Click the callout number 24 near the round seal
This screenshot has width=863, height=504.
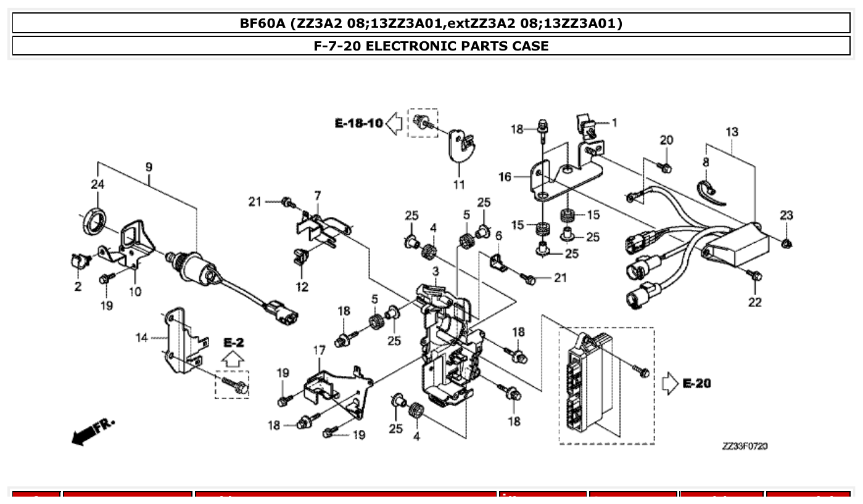(x=97, y=184)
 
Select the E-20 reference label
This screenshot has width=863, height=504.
(x=696, y=384)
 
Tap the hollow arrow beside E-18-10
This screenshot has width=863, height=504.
(x=394, y=124)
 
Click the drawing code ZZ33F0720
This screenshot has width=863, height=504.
(x=745, y=446)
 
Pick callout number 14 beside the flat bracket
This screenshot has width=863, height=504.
(x=142, y=337)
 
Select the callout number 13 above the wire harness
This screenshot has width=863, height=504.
(x=731, y=132)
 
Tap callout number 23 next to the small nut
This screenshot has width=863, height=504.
(x=785, y=215)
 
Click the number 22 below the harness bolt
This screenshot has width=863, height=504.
(x=754, y=302)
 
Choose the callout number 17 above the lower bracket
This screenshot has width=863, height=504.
(x=319, y=351)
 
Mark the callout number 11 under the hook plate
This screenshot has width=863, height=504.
(x=459, y=185)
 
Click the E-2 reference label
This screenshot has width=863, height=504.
(x=233, y=342)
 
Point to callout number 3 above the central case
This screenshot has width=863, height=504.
(x=436, y=271)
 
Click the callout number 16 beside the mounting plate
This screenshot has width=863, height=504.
(x=505, y=177)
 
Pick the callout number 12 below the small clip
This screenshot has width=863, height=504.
(x=302, y=287)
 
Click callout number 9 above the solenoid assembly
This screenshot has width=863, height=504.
(x=149, y=167)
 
